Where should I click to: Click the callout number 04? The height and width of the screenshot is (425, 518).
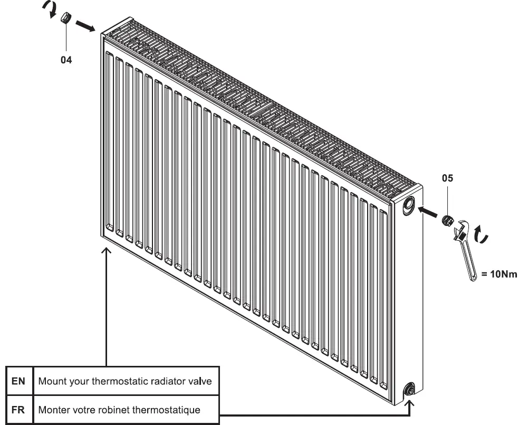click(66, 60)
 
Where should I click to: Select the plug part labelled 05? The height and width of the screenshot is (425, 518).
click(447, 220)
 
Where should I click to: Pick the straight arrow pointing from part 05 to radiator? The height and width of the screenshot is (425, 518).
click(428, 212)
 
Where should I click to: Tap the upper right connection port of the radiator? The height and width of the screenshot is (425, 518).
click(409, 205)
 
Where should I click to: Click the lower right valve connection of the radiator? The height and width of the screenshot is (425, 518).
click(409, 391)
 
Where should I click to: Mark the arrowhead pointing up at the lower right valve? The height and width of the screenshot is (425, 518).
click(410, 402)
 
